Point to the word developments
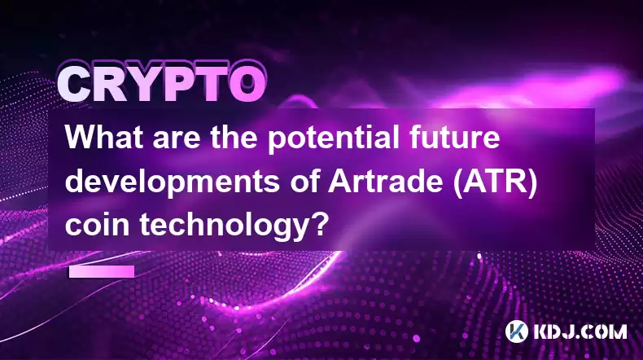coord(172,183)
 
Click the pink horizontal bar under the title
coord(102,271)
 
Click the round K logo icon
coord(517,331)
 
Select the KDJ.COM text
coord(580,331)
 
